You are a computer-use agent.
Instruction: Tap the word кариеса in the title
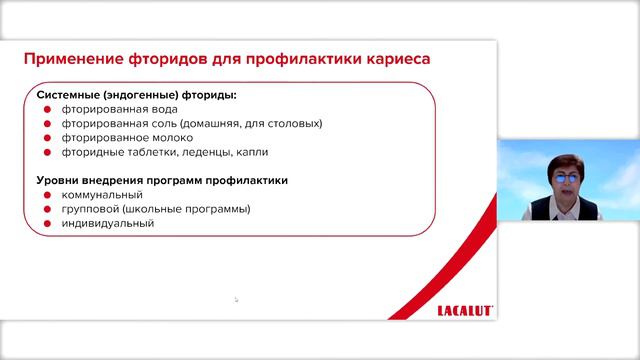[x=396, y=59]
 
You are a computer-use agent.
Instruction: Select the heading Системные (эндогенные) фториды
[x=137, y=95]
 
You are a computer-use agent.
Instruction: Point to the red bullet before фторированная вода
[x=47, y=110]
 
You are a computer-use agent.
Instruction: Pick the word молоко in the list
[x=175, y=138]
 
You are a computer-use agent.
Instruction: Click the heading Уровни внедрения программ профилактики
[x=163, y=181]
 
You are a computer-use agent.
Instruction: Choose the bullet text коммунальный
[x=103, y=195]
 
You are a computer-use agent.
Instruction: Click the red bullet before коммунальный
[x=47, y=196]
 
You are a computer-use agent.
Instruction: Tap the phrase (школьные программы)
[x=195, y=210]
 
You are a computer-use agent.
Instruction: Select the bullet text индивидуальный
[x=108, y=224]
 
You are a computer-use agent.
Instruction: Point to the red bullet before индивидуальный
[x=47, y=225]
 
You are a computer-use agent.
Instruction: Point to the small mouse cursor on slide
[x=236, y=299]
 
